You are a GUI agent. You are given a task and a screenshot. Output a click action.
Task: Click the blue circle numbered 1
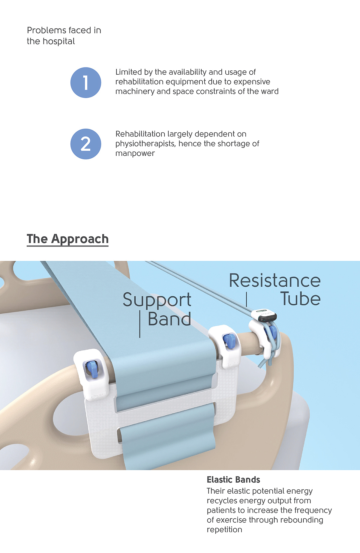click(86, 82)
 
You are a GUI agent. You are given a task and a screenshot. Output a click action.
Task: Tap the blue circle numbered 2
click(86, 144)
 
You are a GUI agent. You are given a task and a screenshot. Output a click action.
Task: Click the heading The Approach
click(67, 239)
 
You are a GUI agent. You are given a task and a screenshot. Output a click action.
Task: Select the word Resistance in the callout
click(275, 281)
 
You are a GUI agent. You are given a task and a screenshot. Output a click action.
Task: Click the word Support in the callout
click(157, 300)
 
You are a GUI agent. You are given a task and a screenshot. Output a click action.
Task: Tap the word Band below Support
click(169, 319)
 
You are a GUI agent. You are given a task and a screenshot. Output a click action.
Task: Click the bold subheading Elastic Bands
click(233, 480)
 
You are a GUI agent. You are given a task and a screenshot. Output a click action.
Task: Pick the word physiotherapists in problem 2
click(145, 144)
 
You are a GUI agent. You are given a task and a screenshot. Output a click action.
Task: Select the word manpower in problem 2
click(135, 153)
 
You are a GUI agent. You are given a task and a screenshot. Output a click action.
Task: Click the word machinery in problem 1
click(135, 91)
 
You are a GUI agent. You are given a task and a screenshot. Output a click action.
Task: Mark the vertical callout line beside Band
click(140, 324)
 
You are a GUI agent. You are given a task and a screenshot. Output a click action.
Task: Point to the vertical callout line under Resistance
click(246, 299)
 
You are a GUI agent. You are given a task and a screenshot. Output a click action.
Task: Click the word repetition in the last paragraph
click(224, 530)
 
